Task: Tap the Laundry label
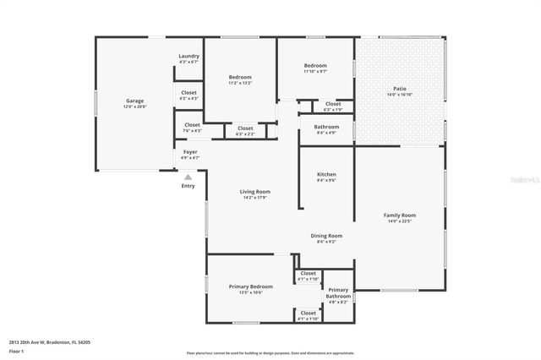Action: (189, 57)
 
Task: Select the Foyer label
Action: (191, 152)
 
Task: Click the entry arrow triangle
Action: (188, 177)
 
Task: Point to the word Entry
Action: (188, 186)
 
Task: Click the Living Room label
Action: (254, 192)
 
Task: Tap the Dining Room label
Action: (326, 236)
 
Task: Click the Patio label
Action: (400, 89)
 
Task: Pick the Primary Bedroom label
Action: (251, 286)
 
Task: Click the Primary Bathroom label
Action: (339, 293)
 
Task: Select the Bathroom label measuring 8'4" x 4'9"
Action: (326, 128)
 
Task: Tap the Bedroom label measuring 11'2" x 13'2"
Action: (240, 78)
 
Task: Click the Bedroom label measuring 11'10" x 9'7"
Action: (315, 65)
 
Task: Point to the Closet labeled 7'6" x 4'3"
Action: (193, 125)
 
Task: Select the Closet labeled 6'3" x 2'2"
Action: (245, 128)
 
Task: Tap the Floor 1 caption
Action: (17, 350)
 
